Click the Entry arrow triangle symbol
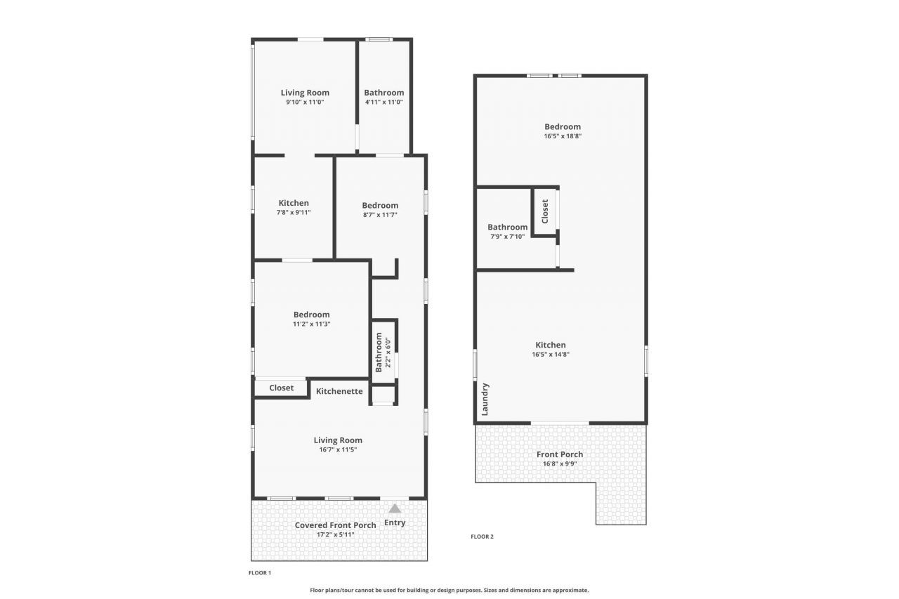395,508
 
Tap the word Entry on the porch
395,522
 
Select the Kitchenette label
339,391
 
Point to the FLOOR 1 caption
259,573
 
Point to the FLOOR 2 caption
482,537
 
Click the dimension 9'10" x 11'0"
305,102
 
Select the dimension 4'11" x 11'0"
383,102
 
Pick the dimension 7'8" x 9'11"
294,212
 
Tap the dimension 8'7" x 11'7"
380,215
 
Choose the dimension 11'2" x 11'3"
311,324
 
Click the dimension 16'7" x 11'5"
338,449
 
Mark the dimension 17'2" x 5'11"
335,534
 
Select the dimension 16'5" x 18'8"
563,136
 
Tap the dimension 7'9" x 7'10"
507,237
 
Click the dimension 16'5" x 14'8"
551,355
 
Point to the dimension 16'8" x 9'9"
560,463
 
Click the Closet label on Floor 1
282,388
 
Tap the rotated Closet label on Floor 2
545,211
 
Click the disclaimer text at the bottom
449,591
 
